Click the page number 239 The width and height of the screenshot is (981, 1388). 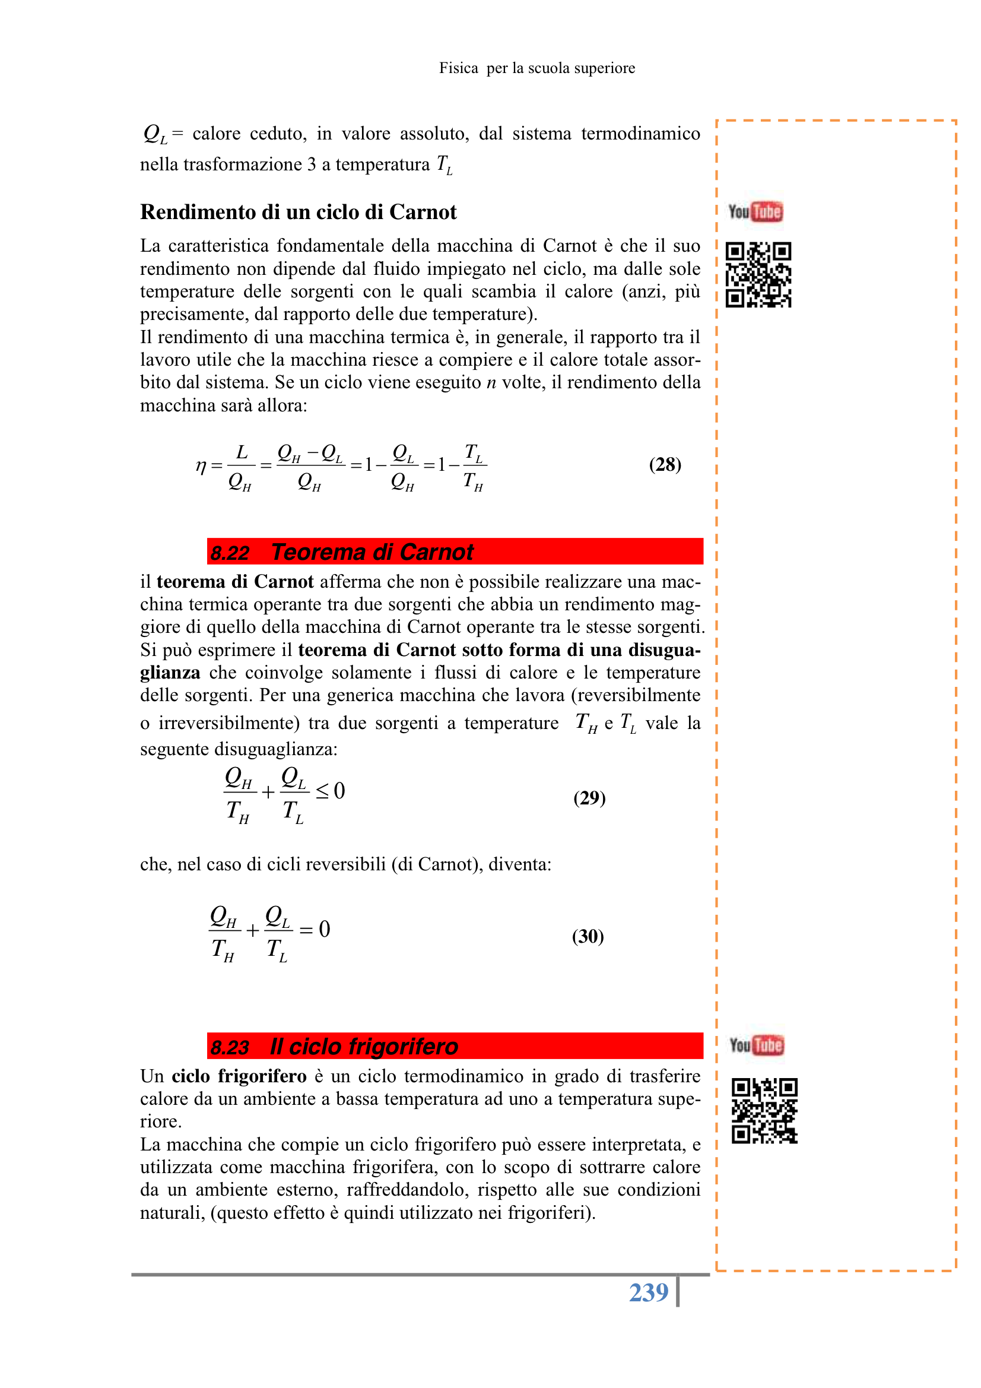tap(648, 1292)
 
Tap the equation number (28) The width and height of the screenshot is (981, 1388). tap(665, 464)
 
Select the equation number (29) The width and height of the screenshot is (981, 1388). tap(589, 798)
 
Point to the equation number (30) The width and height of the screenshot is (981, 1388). tap(588, 936)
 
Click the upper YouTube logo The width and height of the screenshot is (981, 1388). tap(755, 211)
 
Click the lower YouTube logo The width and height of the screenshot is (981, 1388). tap(757, 1045)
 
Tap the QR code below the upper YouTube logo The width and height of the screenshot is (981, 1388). tap(758, 275)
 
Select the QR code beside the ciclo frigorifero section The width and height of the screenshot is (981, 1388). tap(764, 1111)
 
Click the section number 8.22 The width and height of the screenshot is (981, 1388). tap(230, 553)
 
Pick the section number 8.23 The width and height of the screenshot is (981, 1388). tap(230, 1047)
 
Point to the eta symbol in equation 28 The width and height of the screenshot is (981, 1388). tap(201, 466)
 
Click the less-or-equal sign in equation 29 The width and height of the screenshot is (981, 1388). tap(323, 791)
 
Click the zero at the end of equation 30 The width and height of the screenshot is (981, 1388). tap(325, 929)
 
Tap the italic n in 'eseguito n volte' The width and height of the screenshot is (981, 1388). tap(491, 383)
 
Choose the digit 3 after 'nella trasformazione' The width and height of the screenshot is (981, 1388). tap(311, 164)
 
